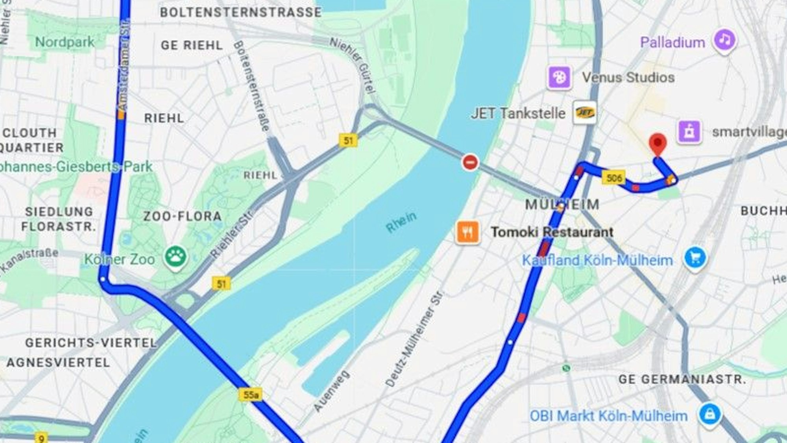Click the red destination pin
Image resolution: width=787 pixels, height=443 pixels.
(x=658, y=144)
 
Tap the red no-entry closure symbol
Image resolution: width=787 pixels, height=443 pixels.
(x=470, y=162)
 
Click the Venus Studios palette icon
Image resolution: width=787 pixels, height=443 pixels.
(x=559, y=77)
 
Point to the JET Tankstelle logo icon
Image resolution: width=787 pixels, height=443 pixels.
(x=584, y=113)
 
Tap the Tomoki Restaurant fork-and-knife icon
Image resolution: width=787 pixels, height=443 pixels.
(x=467, y=232)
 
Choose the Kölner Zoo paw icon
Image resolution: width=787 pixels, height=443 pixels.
(x=176, y=257)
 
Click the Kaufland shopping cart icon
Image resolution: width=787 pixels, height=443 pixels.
(x=695, y=258)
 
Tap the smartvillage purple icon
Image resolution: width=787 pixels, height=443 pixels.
(x=689, y=132)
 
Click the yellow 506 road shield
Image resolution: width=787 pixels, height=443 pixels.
(x=614, y=178)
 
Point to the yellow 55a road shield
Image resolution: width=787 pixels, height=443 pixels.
(x=251, y=394)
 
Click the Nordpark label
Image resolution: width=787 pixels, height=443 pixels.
(x=65, y=42)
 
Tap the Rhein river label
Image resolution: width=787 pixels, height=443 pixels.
(x=401, y=222)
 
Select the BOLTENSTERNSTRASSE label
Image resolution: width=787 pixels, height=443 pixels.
(x=240, y=12)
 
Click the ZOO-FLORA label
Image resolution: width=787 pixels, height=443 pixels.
(x=182, y=216)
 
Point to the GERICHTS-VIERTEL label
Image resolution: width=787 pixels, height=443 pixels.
(x=91, y=343)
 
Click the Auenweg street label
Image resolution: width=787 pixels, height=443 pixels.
(x=331, y=391)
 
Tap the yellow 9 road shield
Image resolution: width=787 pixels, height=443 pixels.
(x=41, y=437)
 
